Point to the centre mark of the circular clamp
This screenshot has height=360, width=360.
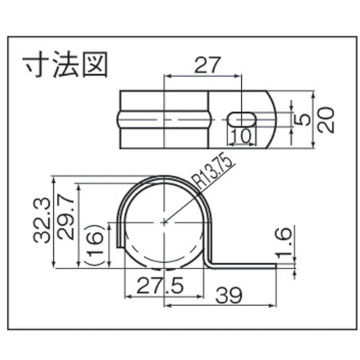(165, 222)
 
